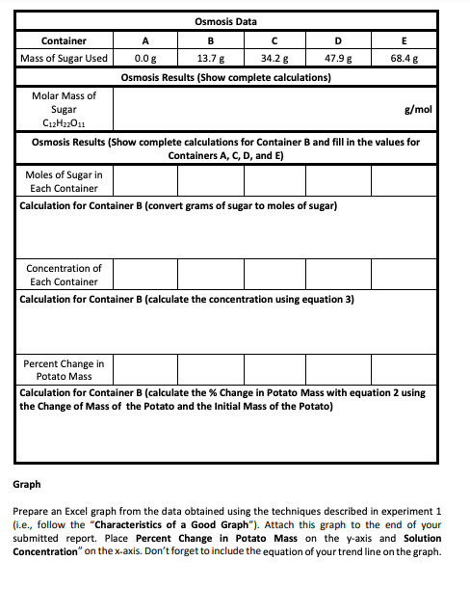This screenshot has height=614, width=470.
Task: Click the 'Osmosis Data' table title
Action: click(x=224, y=21)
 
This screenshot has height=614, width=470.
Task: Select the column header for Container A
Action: click(x=144, y=40)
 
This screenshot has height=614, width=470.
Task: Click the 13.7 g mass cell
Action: click(x=210, y=58)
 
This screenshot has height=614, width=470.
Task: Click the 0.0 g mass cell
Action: click(x=144, y=58)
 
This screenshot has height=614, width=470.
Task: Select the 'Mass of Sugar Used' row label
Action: click(x=65, y=58)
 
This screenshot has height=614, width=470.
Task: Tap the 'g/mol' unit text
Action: click(x=424, y=110)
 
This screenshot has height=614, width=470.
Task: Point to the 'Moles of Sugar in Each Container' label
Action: click(x=65, y=180)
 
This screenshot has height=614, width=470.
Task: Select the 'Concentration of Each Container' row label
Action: click(x=64, y=275)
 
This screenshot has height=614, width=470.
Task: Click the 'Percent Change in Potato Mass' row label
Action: click(x=64, y=369)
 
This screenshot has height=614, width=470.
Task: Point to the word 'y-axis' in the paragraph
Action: click(x=343, y=538)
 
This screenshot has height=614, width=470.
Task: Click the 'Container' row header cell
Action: click(x=65, y=40)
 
